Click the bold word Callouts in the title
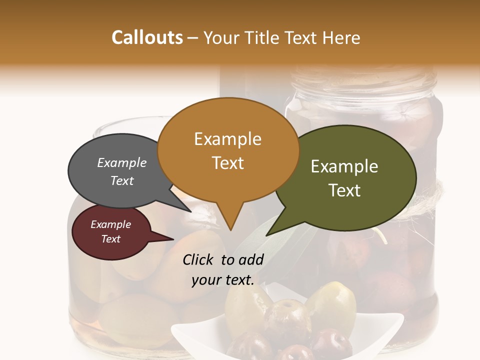click(x=147, y=37)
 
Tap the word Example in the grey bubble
click(x=122, y=162)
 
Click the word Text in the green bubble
click(x=344, y=190)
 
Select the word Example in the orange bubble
click(x=227, y=139)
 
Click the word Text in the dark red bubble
click(x=111, y=239)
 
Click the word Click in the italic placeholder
click(x=199, y=259)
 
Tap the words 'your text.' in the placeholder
click(x=223, y=280)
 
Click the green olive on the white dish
click(x=331, y=303)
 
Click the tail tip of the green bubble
click(x=267, y=234)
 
